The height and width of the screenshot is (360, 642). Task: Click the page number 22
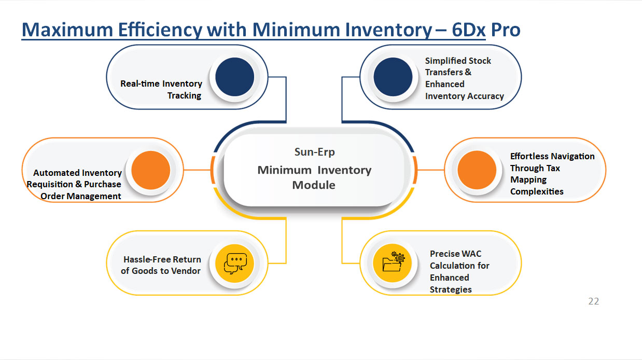pyautogui.click(x=594, y=301)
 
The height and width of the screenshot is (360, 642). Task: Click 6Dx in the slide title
pyautogui.click(x=468, y=30)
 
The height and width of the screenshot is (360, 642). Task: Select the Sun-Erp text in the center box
pyautogui.click(x=315, y=152)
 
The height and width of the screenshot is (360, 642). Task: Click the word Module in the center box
pyautogui.click(x=314, y=185)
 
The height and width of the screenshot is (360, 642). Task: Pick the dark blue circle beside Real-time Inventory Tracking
pyautogui.click(x=234, y=77)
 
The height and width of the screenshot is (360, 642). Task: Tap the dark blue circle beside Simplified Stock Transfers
pyautogui.click(x=393, y=77)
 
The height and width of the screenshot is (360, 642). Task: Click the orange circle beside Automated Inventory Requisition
pyautogui.click(x=150, y=170)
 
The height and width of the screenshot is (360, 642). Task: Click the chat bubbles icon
pyautogui.click(x=235, y=263)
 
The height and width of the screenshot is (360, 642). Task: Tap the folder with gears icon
pyautogui.click(x=393, y=263)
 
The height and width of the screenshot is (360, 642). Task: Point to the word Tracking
pyautogui.click(x=184, y=95)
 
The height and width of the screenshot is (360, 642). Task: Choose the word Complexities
pyautogui.click(x=537, y=191)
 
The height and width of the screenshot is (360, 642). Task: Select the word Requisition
pyautogui.click(x=47, y=184)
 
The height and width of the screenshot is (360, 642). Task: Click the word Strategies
pyautogui.click(x=451, y=289)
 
